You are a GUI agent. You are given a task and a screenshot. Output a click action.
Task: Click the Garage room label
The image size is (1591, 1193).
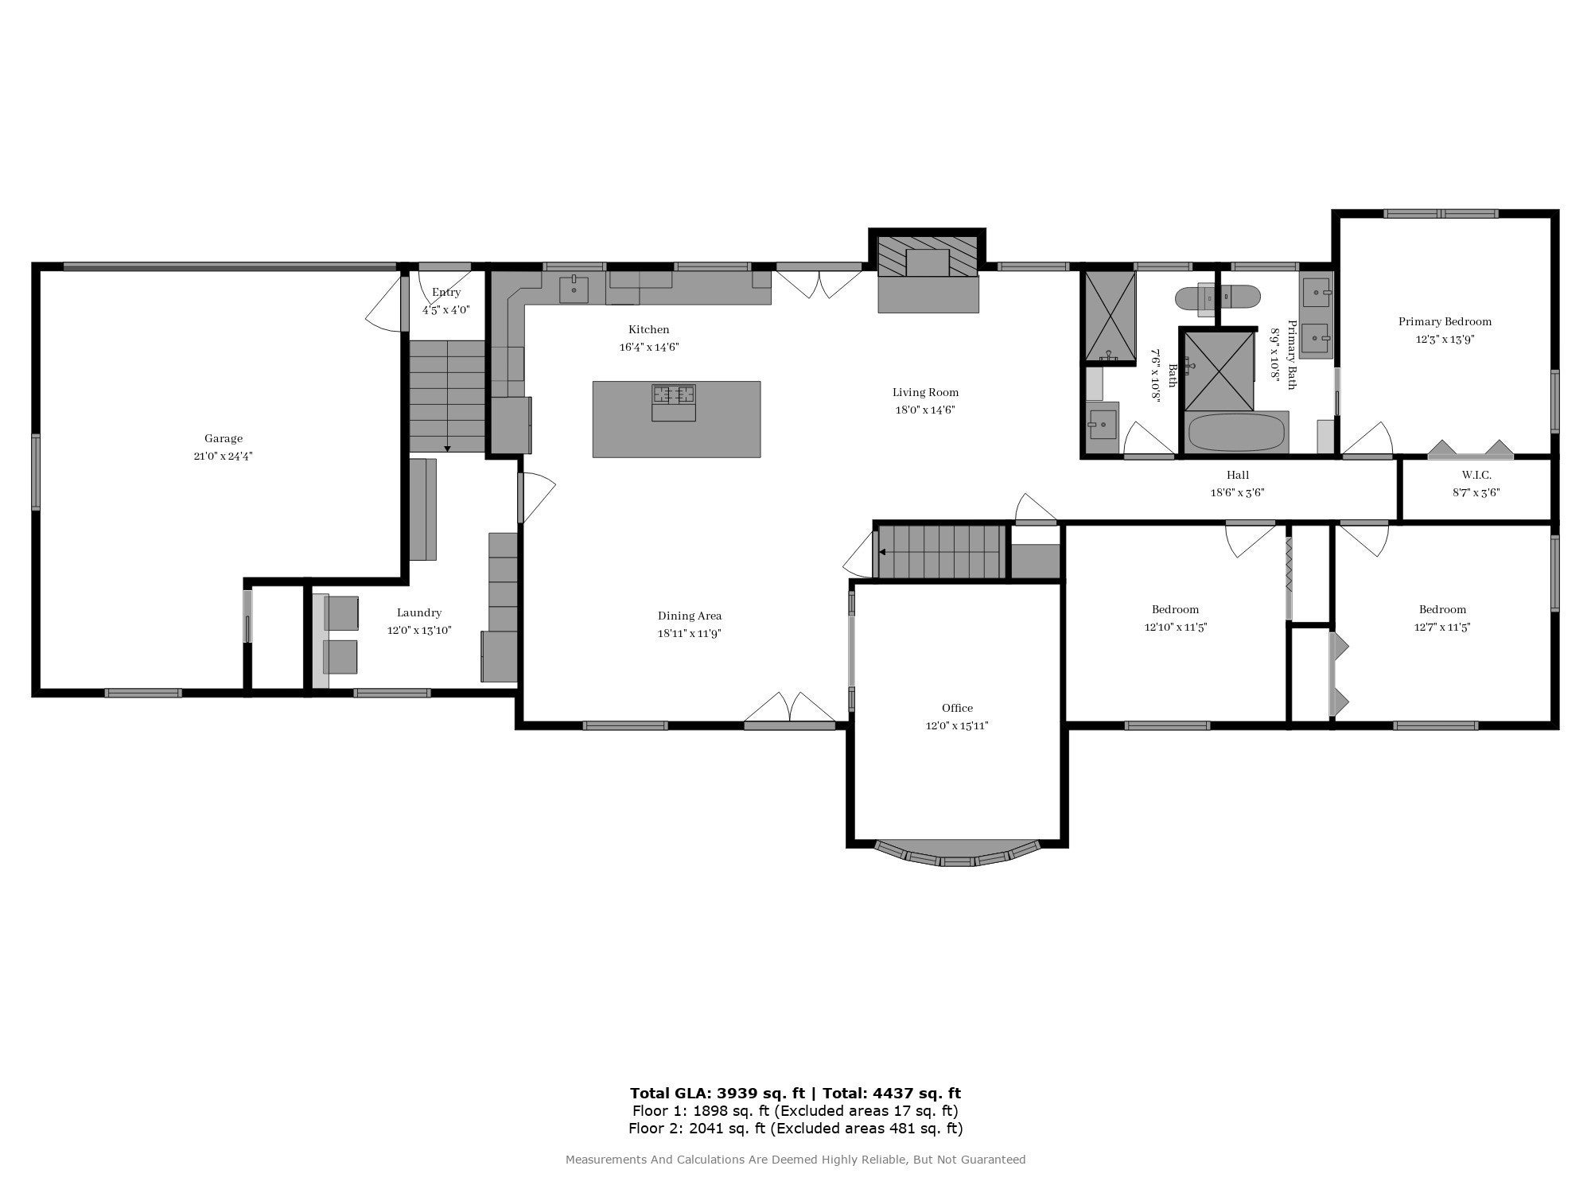(x=224, y=438)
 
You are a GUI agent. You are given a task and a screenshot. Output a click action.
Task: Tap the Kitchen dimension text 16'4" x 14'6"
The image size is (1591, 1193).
(x=649, y=348)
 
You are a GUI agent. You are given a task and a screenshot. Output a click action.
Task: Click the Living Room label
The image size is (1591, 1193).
(x=925, y=392)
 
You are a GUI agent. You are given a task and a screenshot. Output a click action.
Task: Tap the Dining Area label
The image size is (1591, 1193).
(x=690, y=616)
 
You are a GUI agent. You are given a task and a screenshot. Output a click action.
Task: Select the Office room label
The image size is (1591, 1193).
(x=957, y=708)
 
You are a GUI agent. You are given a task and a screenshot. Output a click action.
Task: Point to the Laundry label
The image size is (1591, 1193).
(x=419, y=612)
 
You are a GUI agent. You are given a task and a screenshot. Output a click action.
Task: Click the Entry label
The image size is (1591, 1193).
(x=446, y=292)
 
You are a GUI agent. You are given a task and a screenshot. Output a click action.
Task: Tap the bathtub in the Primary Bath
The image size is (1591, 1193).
(x=1235, y=432)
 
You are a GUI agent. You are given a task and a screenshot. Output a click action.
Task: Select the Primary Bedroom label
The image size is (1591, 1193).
(x=1445, y=321)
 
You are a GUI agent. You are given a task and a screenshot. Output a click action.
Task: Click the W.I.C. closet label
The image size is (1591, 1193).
(x=1476, y=475)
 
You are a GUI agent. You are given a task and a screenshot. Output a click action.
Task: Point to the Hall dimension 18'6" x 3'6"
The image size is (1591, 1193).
(x=1237, y=492)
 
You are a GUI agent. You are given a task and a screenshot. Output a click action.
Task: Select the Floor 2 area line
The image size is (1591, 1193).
(x=795, y=1128)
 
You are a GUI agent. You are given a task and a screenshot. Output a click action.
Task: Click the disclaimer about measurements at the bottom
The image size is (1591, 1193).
(x=795, y=1160)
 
